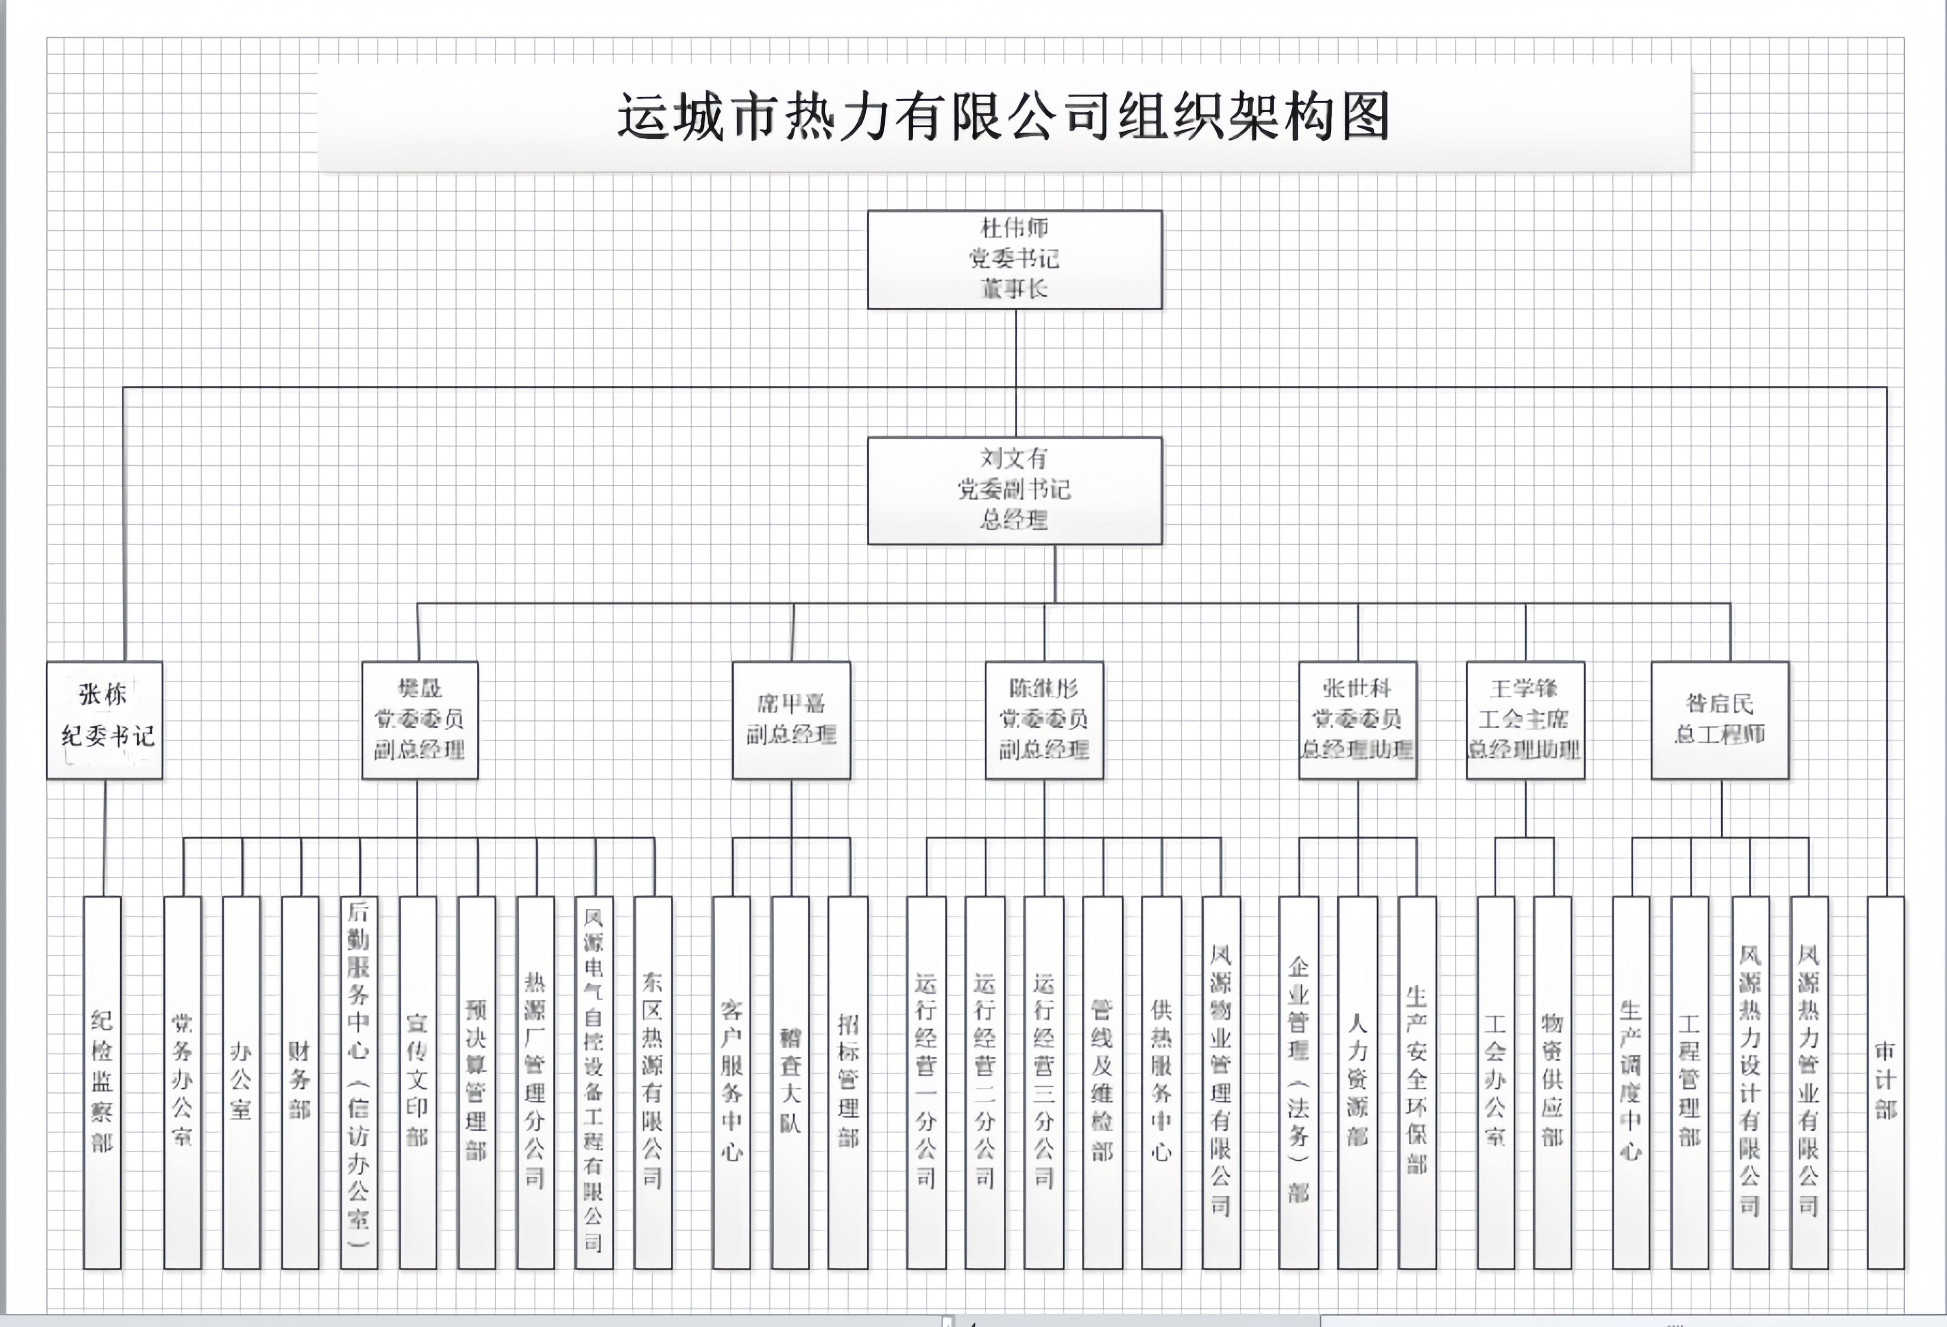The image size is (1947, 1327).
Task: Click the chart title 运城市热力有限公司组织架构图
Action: click(x=1003, y=117)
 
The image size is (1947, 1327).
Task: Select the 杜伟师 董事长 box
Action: click(x=1014, y=259)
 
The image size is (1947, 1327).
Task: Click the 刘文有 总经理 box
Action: click(x=1014, y=490)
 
